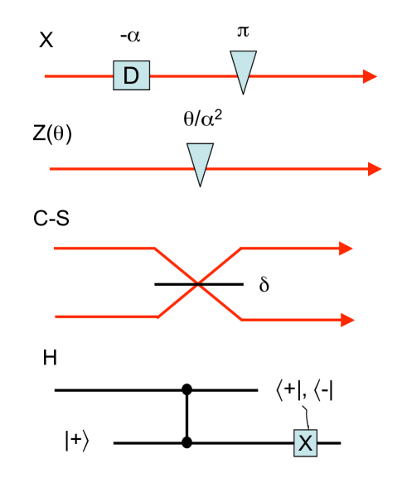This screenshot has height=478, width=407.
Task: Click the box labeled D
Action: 130,75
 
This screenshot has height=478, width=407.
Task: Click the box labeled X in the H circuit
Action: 305,443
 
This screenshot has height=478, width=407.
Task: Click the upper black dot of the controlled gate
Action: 188,388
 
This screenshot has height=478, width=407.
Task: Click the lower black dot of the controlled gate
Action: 188,443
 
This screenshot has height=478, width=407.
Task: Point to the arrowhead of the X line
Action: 369,75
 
